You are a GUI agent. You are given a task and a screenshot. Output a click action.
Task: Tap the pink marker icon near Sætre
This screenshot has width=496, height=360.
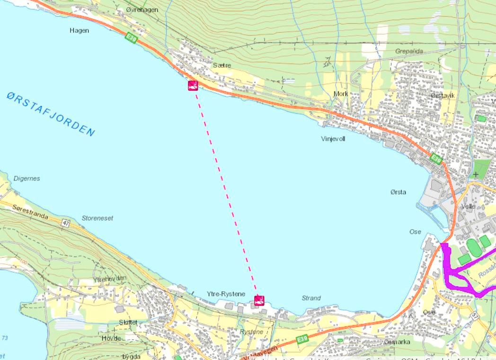pyautogui.click(x=193, y=85)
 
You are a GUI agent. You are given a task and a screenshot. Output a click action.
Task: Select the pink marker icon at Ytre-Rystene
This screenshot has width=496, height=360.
pyautogui.click(x=259, y=300)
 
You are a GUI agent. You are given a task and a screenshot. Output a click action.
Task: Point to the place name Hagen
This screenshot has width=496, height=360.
pyautogui.click(x=79, y=30)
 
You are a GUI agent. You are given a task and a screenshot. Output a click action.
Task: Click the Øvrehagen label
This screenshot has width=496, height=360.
pyautogui.click(x=142, y=9)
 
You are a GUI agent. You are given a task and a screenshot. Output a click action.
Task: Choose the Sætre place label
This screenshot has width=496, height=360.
pyautogui.click(x=221, y=65)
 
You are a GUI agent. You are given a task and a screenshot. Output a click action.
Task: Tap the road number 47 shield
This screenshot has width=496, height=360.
pyautogui.click(x=66, y=223)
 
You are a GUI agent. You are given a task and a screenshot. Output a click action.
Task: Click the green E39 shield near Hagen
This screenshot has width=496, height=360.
pyautogui.click(x=131, y=38)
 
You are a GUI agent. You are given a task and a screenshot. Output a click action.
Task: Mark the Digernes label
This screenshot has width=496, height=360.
pyautogui.click(x=27, y=179)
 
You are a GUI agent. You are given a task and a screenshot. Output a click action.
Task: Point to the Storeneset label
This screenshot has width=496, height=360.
pyautogui.click(x=97, y=218)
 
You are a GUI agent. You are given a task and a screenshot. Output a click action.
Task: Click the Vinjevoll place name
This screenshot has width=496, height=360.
pyautogui.click(x=333, y=139)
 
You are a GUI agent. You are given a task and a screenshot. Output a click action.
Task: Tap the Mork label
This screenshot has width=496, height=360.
pyautogui.click(x=341, y=94)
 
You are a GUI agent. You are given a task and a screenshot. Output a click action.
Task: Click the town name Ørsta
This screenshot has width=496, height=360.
pyautogui.click(x=398, y=192)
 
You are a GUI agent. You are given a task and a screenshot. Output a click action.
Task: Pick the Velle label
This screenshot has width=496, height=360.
pyautogui.click(x=468, y=207)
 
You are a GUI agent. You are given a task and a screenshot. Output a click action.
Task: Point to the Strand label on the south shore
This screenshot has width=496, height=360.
pyautogui.click(x=311, y=298)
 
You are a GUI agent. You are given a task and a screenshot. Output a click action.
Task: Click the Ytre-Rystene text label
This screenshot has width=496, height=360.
pyautogui.click(x=226, y=294)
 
